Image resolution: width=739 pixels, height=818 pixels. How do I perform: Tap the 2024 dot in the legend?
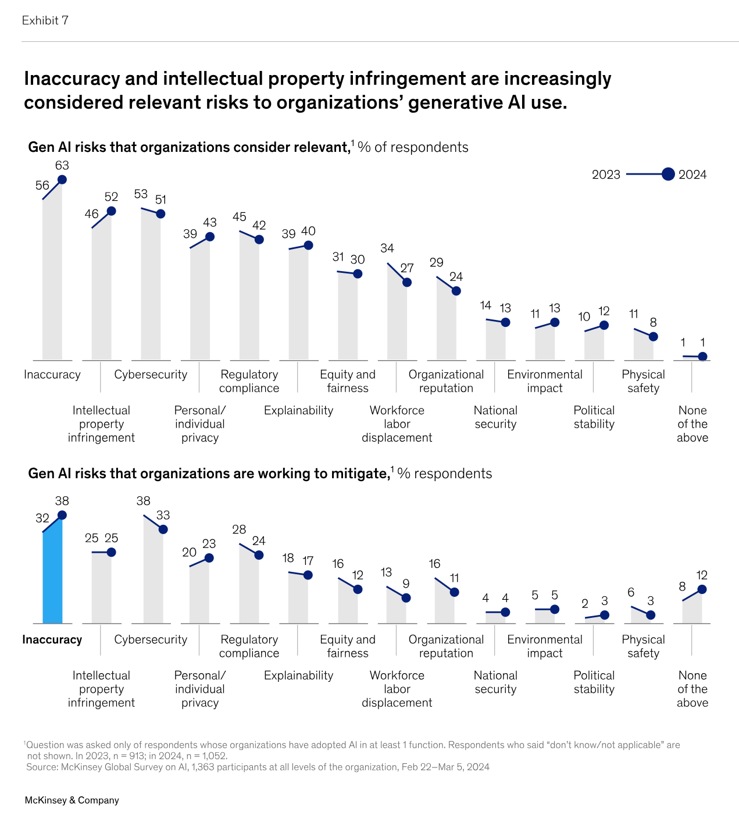tap(668, 174)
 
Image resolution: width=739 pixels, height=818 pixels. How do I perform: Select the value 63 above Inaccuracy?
tap(62, 166)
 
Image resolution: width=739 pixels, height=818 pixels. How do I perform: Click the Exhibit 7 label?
tap(45, 20)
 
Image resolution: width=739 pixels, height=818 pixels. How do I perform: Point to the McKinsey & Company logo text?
tap(72, 800)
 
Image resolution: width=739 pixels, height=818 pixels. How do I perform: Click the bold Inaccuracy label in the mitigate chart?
tap(52, 639)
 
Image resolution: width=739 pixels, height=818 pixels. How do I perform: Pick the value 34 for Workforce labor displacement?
tap(387, 248)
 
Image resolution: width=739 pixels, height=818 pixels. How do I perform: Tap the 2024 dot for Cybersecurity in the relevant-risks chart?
tap(160, 214)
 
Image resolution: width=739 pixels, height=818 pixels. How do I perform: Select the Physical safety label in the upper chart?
tap(643, 381)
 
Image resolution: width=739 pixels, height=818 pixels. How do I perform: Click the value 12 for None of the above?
tap(702, 575)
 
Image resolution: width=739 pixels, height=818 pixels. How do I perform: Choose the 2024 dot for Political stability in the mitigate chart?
tap(605, 615)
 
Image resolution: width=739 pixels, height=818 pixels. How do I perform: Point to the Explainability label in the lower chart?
tap(298, 675)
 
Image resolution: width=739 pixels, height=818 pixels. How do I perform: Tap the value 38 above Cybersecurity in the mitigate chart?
tap(143, 501)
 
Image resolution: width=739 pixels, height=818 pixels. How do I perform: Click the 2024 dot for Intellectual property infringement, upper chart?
tap(111, 211)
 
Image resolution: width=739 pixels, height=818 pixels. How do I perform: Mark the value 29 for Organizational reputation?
tap(437, 262)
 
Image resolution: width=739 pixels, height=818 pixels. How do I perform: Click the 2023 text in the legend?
tap(606, 175)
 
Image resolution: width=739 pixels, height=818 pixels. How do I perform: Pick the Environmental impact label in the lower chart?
tap(545, 646)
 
